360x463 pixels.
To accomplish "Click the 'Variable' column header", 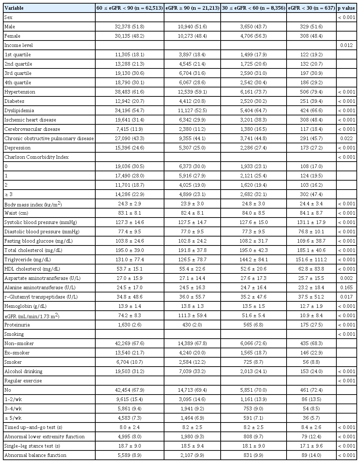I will tap(15, 8).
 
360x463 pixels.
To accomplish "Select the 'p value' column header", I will tap(346, 8).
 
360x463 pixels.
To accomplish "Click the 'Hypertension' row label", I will tap(20, 92).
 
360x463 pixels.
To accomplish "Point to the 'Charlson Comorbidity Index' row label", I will tap(37, 157).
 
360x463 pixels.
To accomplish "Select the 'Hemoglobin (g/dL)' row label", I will tap(25, 306).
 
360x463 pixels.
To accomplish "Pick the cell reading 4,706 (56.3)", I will tap(253, 36).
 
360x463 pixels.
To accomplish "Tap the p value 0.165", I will tap(346, 287).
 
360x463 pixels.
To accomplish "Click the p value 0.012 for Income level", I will tap(346, 45).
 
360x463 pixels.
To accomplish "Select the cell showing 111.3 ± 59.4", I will tap(192, 315).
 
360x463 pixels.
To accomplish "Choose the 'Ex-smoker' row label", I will tap(17, 353).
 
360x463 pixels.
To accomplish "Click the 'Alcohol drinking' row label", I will tap(23, 371).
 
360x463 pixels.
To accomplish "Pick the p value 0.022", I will tap(346, 138).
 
